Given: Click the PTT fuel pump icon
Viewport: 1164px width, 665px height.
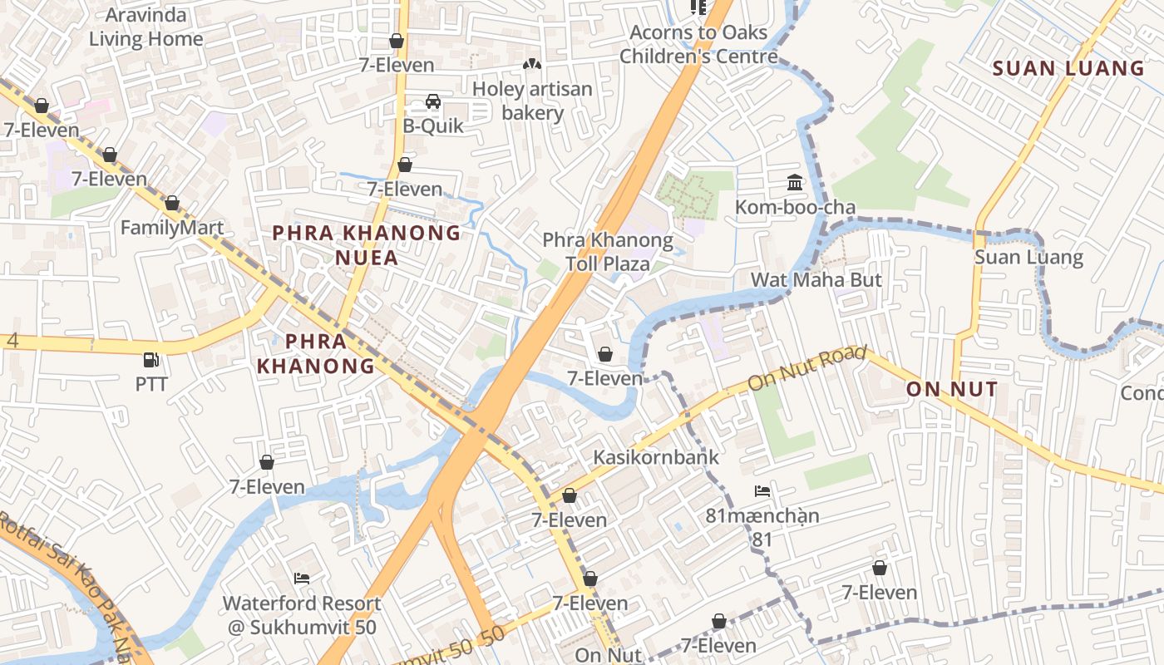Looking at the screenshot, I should pos(151,360).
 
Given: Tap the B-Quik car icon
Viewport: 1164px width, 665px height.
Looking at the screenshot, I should pos(433,101).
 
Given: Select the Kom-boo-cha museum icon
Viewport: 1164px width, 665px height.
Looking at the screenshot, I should pos(795,182).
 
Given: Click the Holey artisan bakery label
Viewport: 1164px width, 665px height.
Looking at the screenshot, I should pos(532,101).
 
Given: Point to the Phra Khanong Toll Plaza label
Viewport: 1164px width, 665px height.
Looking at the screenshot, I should pos(608,252).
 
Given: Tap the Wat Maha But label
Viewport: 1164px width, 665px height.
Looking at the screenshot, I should pos(816,280).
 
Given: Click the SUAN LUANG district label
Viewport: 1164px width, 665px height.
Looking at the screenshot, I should pos(1068,68).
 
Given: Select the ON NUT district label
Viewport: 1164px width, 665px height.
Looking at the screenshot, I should pos(951,389).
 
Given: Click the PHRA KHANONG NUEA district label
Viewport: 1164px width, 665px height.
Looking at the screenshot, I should pos(367,245).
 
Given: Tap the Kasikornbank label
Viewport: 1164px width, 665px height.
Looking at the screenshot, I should pos(656,457).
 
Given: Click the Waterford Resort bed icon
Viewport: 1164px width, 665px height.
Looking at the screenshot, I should pos(302,579).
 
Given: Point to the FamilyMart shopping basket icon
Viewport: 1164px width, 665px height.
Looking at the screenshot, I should pos(172,203).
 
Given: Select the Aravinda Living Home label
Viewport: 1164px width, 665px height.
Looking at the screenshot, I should pos(146,27).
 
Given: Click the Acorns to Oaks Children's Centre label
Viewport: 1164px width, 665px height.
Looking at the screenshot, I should pos(698,44).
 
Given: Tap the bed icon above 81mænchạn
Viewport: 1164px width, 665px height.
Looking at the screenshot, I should pos(762,491).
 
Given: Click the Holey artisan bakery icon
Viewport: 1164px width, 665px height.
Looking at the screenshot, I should pos(532,64).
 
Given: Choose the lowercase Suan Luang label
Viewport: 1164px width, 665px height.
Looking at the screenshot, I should pos(1028,257).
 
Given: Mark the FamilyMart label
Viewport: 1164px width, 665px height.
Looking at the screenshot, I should pos(172,228).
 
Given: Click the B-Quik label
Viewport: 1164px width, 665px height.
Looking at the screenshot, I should pos(433,126).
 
